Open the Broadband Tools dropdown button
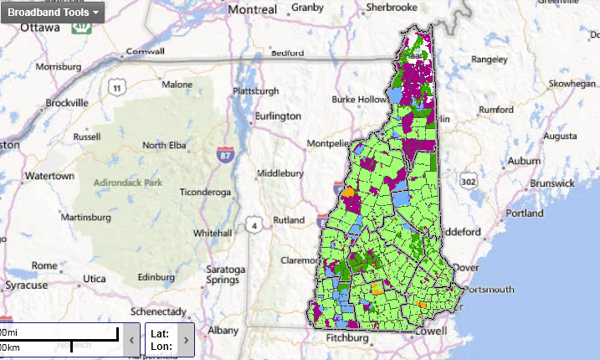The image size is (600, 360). coord(53,13)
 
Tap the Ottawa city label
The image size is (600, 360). coord(39,27)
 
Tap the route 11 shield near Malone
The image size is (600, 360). coord(116,87)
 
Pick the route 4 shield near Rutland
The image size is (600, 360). coord(252,224)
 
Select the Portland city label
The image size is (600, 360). coord(525,213)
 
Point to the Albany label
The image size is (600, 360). coord(223,330)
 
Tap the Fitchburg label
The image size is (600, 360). coord(347,339)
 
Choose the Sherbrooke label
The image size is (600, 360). coord(387,8)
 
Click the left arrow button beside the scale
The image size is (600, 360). coord(131,339)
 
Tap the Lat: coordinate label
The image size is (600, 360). coord(160,333)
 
